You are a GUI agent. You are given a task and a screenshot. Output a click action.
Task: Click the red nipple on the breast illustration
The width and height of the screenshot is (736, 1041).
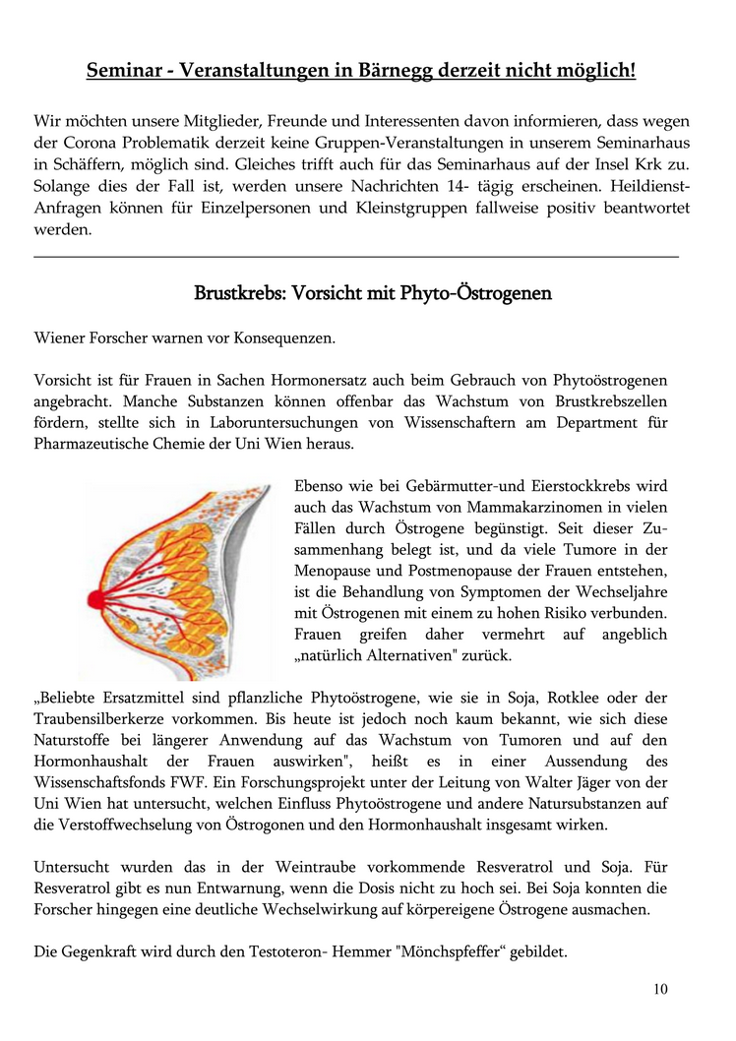point(96,597)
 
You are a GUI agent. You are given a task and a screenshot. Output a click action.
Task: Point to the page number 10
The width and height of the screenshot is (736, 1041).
point(659,989)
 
